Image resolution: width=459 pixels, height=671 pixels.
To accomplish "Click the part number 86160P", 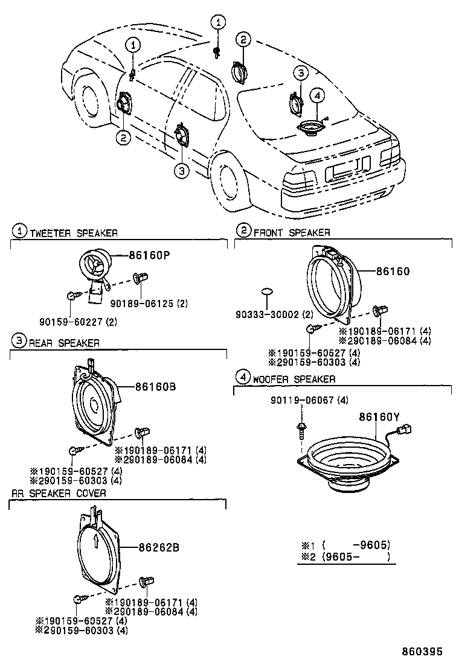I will [149, 255].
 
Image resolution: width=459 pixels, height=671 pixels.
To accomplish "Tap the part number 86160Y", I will [379, 416].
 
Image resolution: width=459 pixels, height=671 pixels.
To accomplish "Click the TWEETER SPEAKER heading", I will [73, 232].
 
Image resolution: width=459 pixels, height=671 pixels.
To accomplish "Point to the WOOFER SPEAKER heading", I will [294, 379].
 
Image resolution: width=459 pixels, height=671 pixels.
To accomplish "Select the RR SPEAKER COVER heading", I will [59, 493].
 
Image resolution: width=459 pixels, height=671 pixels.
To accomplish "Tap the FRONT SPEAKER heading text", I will [292, 232].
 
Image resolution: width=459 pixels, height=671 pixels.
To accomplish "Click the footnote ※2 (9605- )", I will [346, 556].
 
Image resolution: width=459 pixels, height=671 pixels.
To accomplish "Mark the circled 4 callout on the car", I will [318, 95].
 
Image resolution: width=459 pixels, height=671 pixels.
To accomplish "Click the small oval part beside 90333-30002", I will [267, 293].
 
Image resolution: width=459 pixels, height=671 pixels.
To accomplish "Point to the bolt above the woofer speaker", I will [301, 430].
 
